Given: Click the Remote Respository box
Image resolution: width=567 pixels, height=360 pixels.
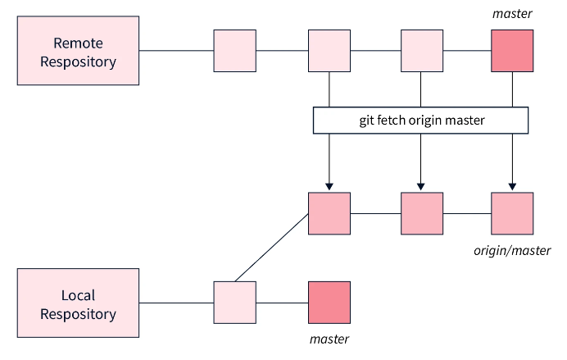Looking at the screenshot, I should pyautogui.click(x=79, y=51).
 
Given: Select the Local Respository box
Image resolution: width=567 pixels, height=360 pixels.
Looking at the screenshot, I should pyautogui.click(x=79, y=303).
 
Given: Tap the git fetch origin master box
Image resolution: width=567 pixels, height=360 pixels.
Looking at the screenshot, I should pyautogui.click(x=421, y=121).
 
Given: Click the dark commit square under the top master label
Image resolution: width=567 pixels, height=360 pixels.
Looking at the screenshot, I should pyautogui.click(x=512, y=51).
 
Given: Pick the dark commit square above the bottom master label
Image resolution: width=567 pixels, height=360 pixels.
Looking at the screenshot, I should pyautogui.click(x=329, y=303).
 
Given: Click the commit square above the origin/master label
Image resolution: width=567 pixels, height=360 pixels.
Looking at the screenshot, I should pyautogui.click(x=512, y=214).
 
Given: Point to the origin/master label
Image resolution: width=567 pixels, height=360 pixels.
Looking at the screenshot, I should pyautogui.click(x=512, y=250).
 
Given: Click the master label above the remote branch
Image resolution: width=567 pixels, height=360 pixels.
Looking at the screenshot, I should pyautogui.click(x=512, y=14).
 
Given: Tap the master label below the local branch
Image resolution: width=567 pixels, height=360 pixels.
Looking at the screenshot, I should pyautogui.click(x=329, y=339).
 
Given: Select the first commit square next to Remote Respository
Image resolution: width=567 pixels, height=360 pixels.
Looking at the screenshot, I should pyautogui.click(x=235, y=51).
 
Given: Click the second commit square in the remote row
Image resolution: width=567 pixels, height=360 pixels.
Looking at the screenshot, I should pyautogui.click(x=329, y=51).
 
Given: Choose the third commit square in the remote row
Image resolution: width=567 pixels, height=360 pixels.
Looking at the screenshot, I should pyautogui.click(x=421, y=51).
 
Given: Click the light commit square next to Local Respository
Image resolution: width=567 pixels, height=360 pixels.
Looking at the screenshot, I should pyautogui.click(x=235, y=303).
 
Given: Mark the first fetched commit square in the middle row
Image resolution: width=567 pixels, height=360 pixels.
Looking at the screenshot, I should pyautogui.click(x=329, y=214).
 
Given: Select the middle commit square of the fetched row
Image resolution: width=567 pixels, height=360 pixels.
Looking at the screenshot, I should pyautogui.click(x=421, y=214).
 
